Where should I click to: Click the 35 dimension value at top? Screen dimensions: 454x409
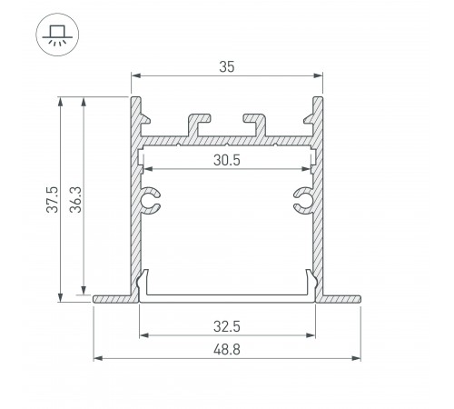(227, 67)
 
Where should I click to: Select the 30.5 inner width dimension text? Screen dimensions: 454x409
(227, 160)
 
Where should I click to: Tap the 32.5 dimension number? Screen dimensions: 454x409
(227, 326)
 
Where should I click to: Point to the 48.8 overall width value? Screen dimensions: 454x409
(227, 350)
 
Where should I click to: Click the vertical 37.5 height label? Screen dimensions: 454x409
(53, 199)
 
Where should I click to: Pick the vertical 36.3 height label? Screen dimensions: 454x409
(75, 199)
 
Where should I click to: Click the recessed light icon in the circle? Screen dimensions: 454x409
(57, 35)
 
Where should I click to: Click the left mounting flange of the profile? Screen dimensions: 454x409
(113, 299)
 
